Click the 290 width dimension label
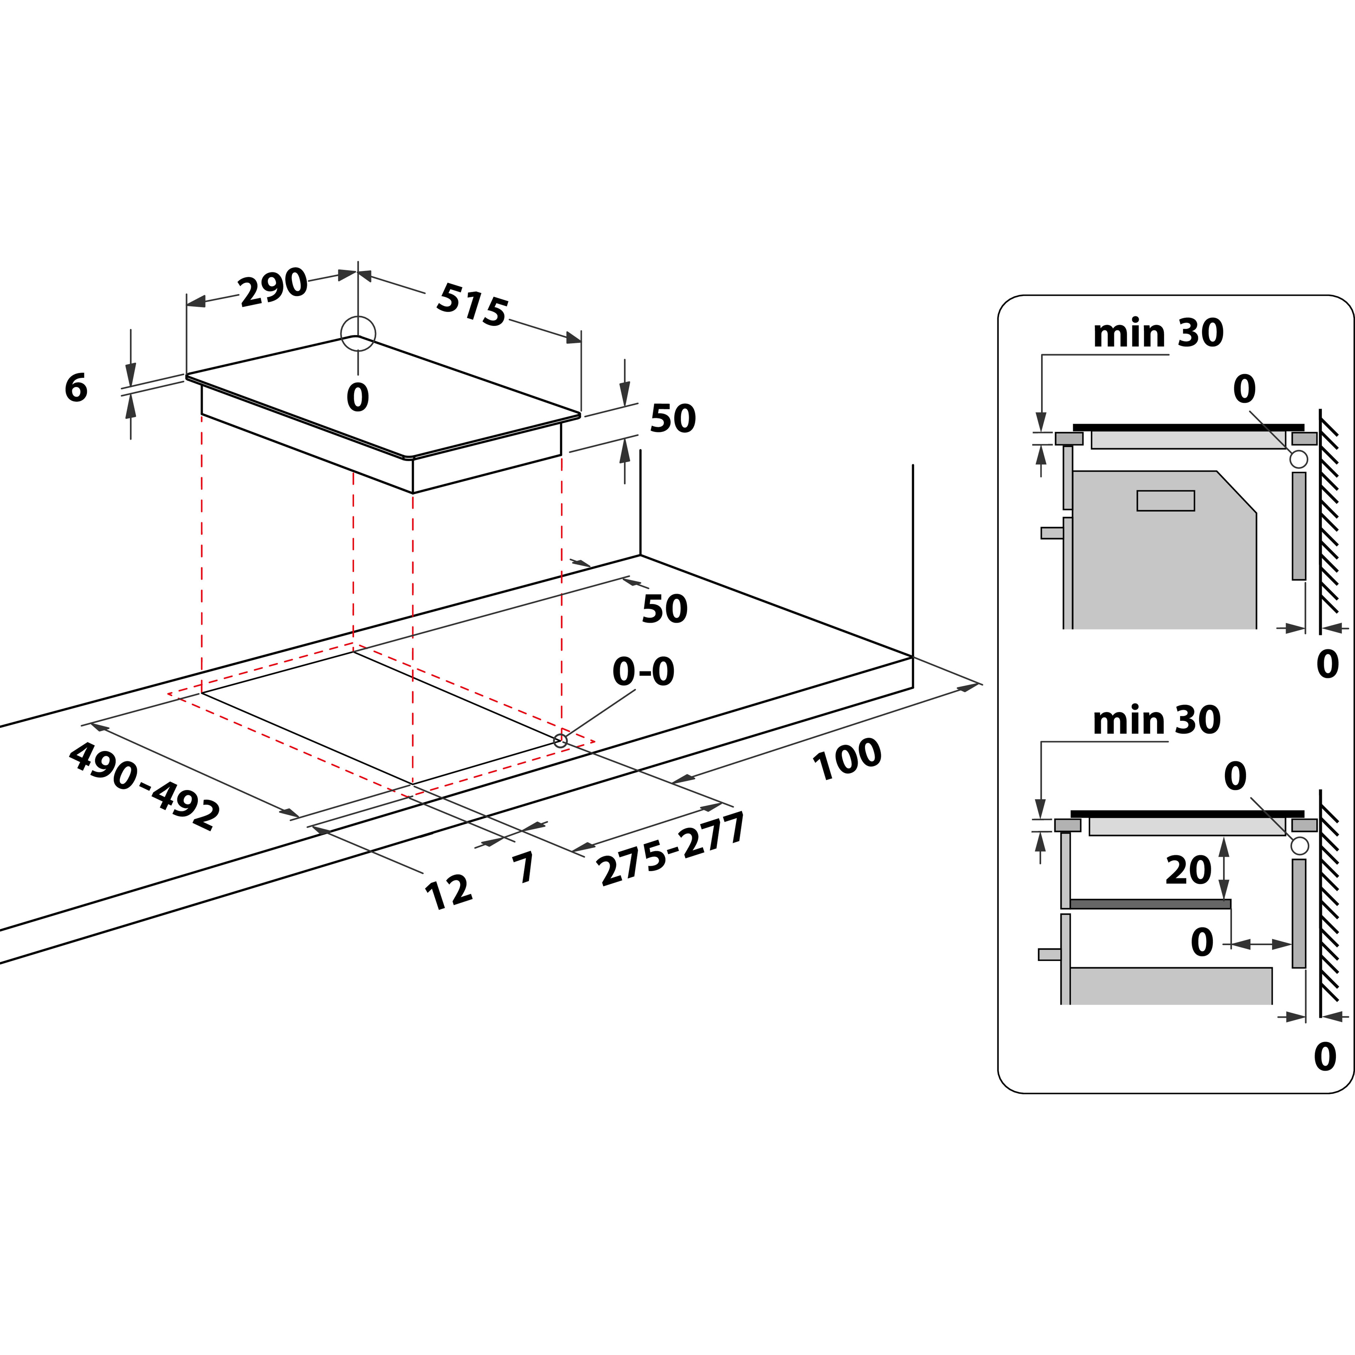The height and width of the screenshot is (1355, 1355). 273,287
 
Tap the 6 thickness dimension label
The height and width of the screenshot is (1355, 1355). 76,388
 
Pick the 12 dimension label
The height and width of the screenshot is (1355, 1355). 448,892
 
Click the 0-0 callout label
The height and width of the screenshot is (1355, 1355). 643,672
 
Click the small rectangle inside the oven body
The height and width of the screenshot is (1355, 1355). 1166,501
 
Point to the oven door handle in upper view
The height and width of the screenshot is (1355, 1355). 1052,533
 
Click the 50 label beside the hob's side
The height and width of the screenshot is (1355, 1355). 673,419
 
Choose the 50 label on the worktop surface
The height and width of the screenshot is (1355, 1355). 664,609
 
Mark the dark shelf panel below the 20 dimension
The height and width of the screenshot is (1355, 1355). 1150,904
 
